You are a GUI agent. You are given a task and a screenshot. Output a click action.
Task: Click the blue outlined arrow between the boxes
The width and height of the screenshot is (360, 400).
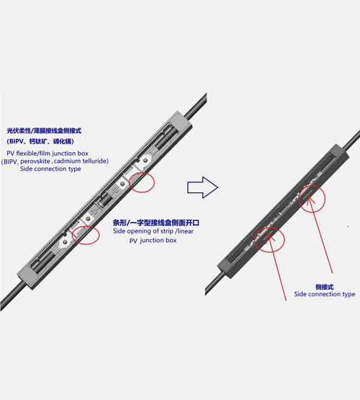point(202,187)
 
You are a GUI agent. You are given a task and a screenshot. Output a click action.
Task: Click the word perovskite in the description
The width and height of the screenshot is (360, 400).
point(35,161)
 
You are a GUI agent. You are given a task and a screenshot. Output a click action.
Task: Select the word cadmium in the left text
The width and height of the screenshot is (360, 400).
point(67,161)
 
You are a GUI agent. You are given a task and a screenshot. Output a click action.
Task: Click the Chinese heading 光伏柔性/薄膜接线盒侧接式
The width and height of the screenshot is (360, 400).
point(44,131)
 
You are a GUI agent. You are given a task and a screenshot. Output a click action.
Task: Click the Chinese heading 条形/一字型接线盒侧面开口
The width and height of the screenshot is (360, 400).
point(156,223)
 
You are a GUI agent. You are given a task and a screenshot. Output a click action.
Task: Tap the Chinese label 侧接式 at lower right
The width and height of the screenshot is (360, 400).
point(324,287)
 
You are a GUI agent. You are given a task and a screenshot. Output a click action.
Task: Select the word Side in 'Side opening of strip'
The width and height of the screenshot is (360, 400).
point(120,231)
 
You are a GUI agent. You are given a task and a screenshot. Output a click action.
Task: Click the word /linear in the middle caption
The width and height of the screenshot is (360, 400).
point(184,231)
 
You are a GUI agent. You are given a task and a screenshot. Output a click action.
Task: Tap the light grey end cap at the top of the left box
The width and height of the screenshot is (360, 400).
point(181,123)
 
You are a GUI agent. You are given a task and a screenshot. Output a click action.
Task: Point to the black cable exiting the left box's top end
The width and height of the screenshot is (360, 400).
point(196,107)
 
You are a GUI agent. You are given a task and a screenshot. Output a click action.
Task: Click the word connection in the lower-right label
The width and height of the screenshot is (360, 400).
point(324,294)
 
